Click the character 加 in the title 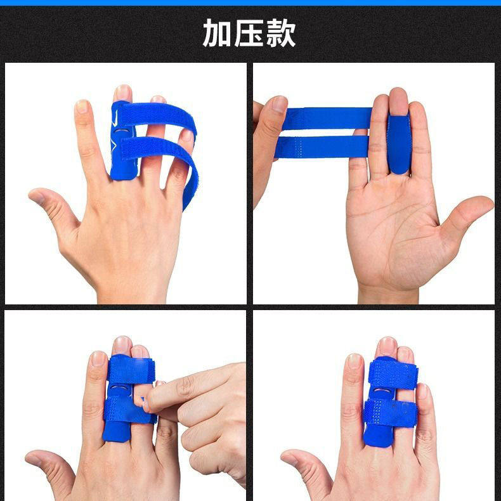tap(217, 33)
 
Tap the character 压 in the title tap(249, 33)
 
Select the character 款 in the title tap(281, 33)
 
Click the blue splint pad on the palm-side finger tap(399, 145)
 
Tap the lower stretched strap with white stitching tap(322, 146)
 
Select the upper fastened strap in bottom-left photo tap(131, 370)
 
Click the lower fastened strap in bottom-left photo tap(129, 410)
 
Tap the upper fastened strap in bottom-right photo tap(393, 374)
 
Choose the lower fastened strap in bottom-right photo tap(391, 413)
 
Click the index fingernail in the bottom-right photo tap(354, 361)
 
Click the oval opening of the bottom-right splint tap(381, 392)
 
